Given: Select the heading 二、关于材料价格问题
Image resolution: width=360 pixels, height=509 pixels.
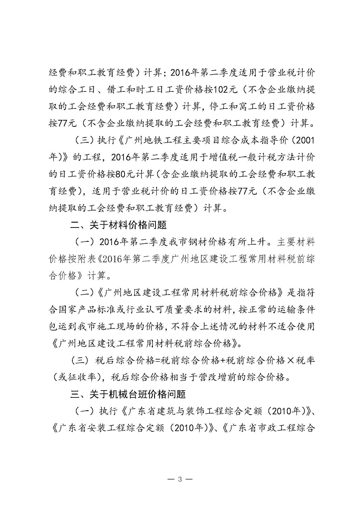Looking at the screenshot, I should click(118, 225).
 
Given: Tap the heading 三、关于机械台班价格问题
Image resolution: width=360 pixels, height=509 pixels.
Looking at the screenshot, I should click(128, 395).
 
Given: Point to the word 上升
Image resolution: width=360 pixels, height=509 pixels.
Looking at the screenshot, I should click(260, 242).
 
